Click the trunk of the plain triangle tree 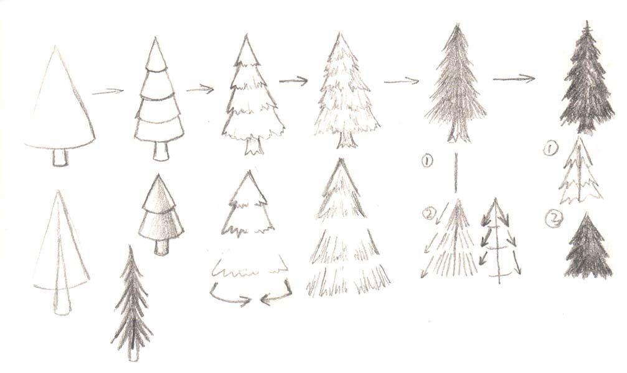click(x=60, y=158)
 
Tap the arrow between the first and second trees click(x=108, y=92)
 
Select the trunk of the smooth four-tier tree click(x=161, y=150)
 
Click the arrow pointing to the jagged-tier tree click(x=200, y=89)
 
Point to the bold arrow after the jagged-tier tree click(x=293, y=81)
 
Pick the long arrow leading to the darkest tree click(x=514, y=79)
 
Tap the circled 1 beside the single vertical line click(x=427, y=161)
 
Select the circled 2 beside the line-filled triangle click(x=428, y=214)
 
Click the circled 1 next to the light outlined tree click(x=550, y=149)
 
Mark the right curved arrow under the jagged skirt click(x=276, y=294)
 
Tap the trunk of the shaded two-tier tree click(x=161, y=247)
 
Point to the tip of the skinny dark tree click(x=130, y=246)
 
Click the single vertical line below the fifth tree click(x=455, y=173)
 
